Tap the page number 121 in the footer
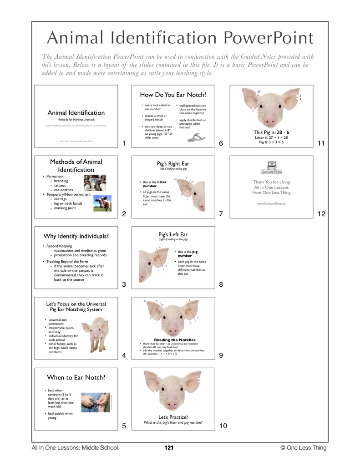[169, 448]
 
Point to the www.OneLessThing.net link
[271, 203]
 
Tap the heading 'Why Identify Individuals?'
[76, 236]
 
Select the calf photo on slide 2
[103, 203]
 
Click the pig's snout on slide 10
[172, 403]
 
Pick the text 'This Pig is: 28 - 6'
[271, 132]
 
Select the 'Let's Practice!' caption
[173, 417]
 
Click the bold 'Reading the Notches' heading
[175, 339]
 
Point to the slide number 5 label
[124, 426]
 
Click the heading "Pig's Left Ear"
[173, 234]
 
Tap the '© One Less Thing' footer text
[304, 448]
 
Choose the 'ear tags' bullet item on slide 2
[61, 199]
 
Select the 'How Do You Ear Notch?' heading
[173, 95]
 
